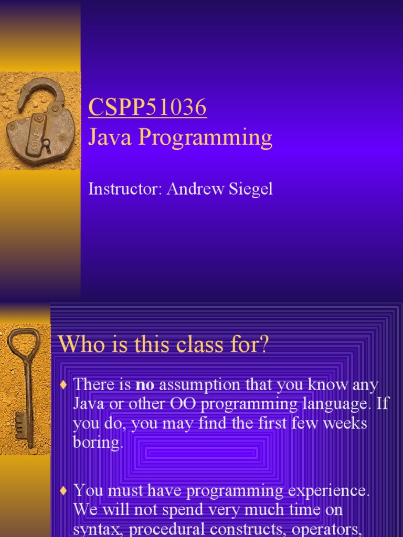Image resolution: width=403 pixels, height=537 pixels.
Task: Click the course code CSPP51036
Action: coord(147,107)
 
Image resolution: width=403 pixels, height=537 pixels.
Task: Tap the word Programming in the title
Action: coord(205,138)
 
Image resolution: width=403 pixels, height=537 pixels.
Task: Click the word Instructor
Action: coord(125,189)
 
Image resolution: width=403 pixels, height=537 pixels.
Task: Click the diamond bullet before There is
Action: coord(63,385)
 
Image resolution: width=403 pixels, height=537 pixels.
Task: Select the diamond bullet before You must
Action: coord(63,491)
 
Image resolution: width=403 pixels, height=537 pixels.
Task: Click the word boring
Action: coord(98,443)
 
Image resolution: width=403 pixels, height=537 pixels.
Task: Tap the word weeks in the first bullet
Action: coord(345,423)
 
